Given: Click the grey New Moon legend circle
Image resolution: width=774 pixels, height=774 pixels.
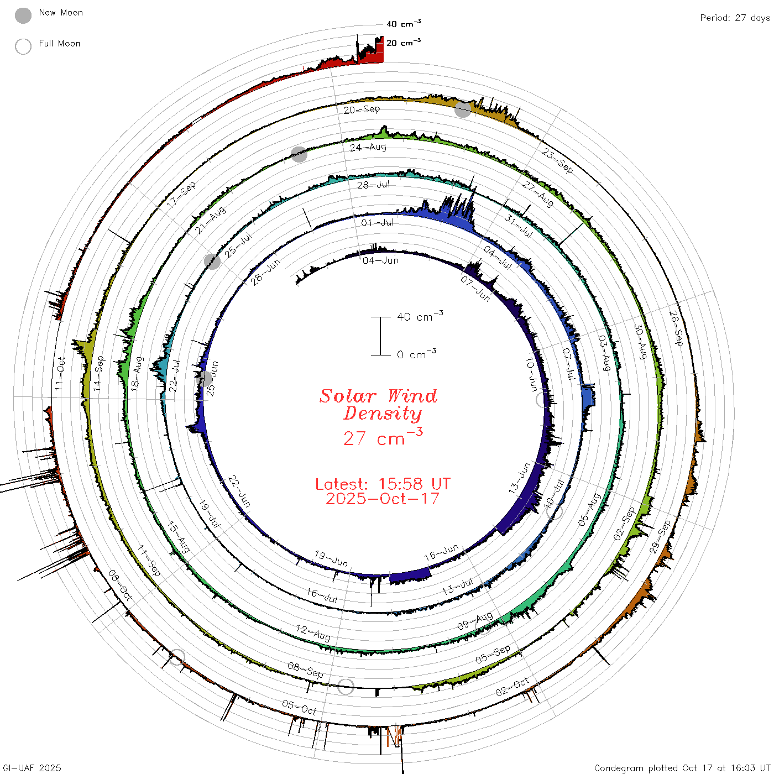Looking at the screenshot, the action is [x=23, y=15].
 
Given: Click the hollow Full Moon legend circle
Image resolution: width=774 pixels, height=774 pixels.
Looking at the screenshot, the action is [x=23, y=46].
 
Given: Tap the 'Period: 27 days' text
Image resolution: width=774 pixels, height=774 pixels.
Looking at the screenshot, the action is [x=735, y=18].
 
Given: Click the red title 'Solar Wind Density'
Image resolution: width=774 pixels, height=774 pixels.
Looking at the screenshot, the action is [x=378, y=405].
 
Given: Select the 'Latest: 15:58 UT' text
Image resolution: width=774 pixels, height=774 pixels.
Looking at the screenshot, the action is [x=383, y=484].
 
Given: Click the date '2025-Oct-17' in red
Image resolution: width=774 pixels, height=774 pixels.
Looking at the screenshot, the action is [x=383, y=499].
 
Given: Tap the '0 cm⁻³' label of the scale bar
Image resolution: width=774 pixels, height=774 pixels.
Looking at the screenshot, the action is [x=416, y=354].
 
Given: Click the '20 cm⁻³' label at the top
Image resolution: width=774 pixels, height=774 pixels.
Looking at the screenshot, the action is [x=404, y=43].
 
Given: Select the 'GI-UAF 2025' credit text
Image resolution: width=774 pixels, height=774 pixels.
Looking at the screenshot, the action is [x=32, y=767].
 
